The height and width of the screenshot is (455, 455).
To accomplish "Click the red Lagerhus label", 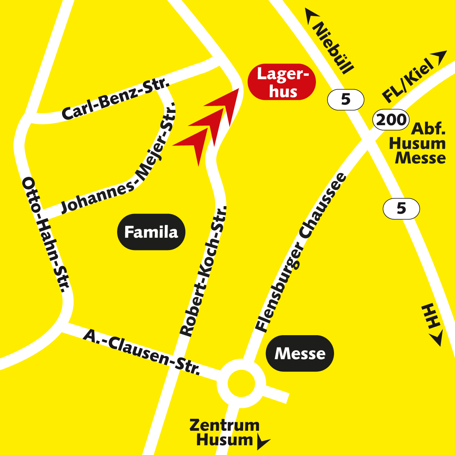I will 282,82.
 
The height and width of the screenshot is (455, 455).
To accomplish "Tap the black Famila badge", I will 151,232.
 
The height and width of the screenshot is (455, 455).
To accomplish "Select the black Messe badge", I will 300,353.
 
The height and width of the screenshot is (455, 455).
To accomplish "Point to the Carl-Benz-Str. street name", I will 116,99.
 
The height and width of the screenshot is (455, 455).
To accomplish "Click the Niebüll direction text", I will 333,48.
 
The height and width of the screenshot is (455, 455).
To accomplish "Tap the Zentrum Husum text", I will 224,433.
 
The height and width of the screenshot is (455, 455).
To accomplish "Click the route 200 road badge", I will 391,119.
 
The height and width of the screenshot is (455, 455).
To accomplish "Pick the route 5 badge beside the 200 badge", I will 346,99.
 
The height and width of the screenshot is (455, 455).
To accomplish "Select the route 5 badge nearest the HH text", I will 401,209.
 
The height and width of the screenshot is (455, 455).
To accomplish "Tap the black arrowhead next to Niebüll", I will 311,17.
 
